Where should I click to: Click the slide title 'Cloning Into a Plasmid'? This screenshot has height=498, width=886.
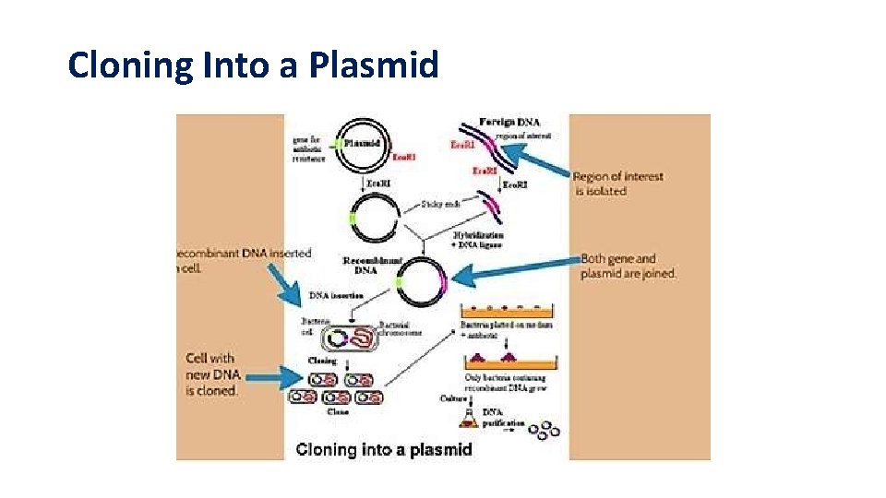[253, 65]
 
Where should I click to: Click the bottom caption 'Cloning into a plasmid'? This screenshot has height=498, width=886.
[384, 450]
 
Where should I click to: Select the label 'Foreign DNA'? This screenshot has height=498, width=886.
[510, 122]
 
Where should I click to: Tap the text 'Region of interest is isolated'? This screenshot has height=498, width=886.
[617, 184]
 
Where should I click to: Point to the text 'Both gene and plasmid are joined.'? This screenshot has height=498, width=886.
[628, 267]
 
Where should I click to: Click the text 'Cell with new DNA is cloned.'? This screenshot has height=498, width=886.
[211, 373]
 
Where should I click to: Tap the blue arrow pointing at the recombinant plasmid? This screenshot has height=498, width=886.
[513, 274]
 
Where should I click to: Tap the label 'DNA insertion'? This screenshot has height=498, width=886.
[336, 295]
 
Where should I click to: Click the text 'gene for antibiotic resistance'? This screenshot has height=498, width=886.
[309, 148]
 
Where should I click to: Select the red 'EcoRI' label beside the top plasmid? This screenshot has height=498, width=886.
[403, 158]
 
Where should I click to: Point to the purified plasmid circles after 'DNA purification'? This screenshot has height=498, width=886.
[548, 428]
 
